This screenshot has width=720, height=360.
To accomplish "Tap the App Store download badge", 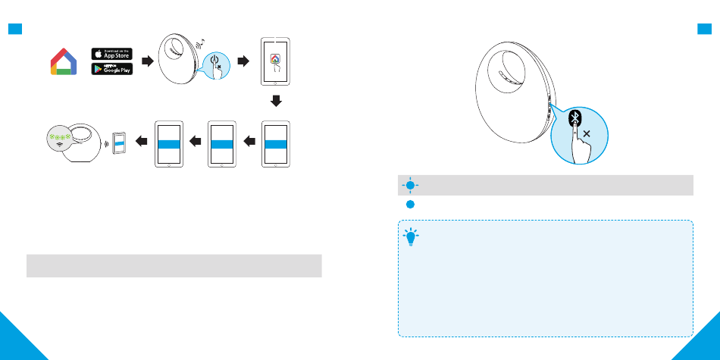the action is [x=111, y=53].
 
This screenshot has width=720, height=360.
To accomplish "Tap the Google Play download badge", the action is [x=111, y=69].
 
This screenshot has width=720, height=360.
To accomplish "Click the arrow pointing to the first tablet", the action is [x=244, y=61].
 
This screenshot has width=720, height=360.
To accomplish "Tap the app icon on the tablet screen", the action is [x=275, y=58].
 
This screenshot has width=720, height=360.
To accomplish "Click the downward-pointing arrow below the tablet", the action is [x=276, y=101].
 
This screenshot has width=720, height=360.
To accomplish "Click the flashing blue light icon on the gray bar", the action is [x=409, y=185].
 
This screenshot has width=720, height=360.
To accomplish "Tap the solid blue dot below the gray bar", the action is [x=409, y=205].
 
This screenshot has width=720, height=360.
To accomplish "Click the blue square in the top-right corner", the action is [x=703, y=30].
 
